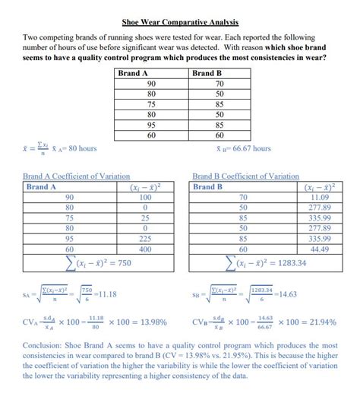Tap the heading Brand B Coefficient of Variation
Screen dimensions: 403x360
pyautogui.click(x=246, y=176)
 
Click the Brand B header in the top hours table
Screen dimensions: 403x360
pyautogui.click(x=207, y=74)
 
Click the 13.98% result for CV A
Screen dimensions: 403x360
pyautogui.click(x=149, y=322)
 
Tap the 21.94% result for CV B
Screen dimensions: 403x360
pyautogui.click(x=318, y=322)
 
